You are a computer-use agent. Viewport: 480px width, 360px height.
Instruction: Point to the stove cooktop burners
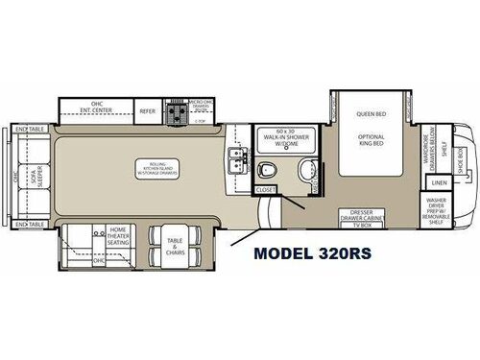tap(178, 115)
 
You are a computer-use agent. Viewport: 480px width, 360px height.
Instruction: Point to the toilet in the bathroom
tap(271, 172)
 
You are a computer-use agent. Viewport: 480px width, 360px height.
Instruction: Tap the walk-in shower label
tap(285, 137)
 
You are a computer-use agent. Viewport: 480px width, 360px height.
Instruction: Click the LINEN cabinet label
tap(440, 183)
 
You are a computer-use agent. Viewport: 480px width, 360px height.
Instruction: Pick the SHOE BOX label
tap(462, 154)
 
